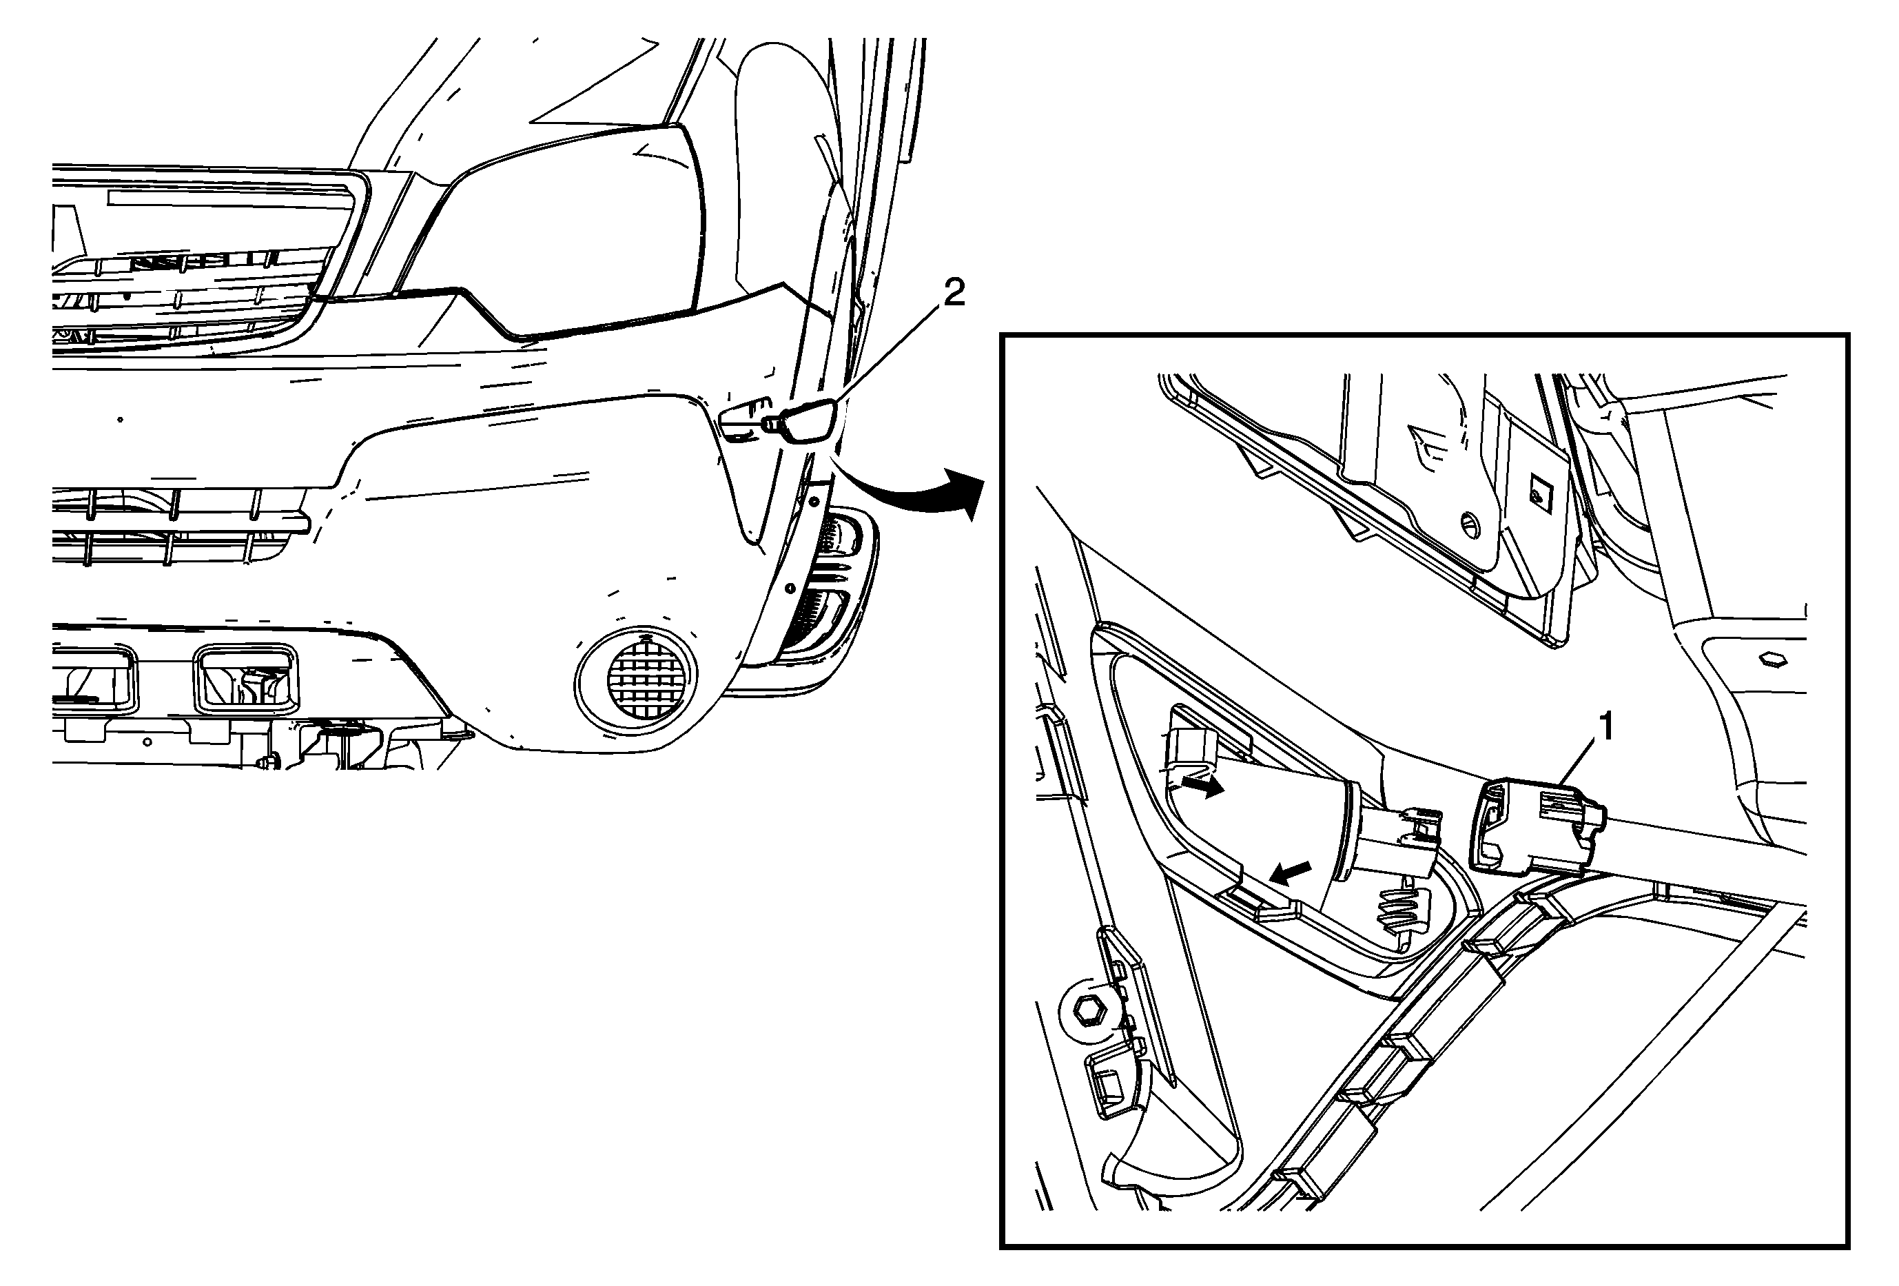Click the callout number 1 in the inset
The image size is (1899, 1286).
1605,727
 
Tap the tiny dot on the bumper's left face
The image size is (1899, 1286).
120,419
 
